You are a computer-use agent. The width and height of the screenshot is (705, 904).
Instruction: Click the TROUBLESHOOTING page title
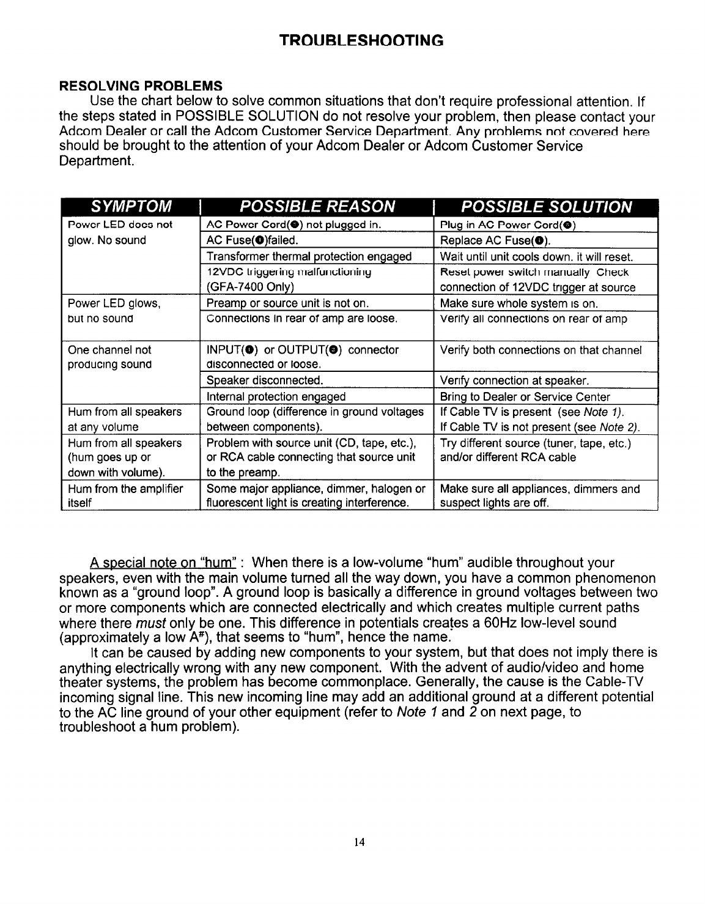(361, 41)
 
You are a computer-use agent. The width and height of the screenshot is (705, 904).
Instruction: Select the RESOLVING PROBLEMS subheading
(141, 84)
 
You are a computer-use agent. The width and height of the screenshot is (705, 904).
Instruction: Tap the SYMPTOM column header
(130, 206)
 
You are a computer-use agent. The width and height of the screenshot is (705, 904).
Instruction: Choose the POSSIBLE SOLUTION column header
(546, 206)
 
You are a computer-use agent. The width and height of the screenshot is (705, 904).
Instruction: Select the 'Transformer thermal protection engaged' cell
(309, 256)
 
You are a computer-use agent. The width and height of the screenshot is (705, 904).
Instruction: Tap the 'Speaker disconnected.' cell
(265, 380)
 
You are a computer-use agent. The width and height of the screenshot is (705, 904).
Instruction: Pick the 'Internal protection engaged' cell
(276, 396)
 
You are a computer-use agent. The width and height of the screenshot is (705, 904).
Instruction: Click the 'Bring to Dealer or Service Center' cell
(525, 396)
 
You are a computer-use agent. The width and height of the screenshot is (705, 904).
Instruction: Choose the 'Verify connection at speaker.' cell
(506, 380)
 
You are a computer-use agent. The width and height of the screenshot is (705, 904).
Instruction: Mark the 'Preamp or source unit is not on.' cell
(287, 303)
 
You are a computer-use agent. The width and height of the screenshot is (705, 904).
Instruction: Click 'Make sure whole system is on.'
(519, 303)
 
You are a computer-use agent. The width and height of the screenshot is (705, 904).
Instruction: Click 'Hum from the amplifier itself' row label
(125, 495)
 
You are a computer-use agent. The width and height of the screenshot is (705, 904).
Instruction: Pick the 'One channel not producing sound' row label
(110, 357)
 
